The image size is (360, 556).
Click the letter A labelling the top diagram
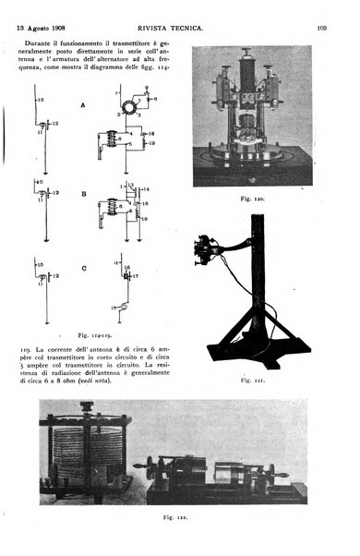83,105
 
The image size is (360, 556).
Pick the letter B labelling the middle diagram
83,194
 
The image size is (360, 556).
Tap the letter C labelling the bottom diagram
83,269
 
